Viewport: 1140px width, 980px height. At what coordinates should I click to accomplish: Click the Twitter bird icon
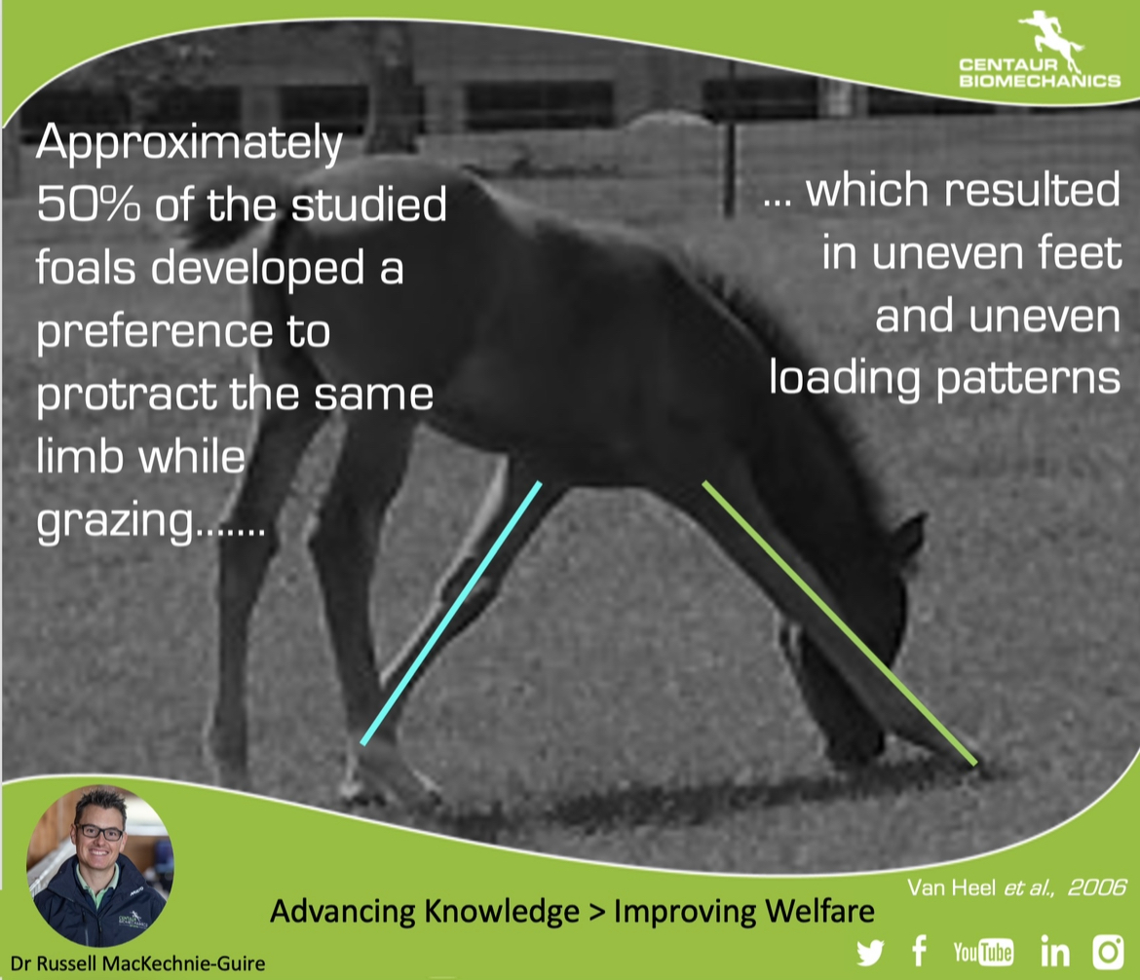pyautogui.click(x=869, y=953)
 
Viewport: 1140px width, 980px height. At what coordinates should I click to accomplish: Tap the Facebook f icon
pyautogui.click(x=920, y=951)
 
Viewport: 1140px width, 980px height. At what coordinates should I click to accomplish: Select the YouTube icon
pyautogui.click(x=983, y=952)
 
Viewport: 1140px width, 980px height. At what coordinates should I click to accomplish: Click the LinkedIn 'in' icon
pyautogui.click(x=1055, y=951)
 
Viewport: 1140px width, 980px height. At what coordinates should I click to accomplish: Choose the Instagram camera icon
pyautogui.click(x=1109, y=952)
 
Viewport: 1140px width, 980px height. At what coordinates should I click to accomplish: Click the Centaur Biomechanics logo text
pyautogui.click(x=1040, y=73)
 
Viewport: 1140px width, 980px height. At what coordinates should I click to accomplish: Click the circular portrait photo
pyautogui.click(x=99, y=866)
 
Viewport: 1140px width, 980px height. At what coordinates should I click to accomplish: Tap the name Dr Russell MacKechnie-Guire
pyautogui.click(x=138, y=964)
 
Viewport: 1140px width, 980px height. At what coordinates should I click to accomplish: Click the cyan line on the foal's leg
pyautogui.click(x=451, y=613)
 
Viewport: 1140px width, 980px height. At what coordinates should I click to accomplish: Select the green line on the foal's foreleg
pyautogui.click(x=840, y=623)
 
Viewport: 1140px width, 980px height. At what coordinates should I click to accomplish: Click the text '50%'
pyautogui.click(x=88, y=205)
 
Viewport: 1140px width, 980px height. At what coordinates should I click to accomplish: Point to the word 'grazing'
pyautogui.click(x=116, y=521)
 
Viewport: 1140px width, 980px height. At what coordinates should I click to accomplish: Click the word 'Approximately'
pyautogui.click(x=189, y=143)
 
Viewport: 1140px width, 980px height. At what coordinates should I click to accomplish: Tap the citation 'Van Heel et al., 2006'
pyautogui.click(x=1016, y=886)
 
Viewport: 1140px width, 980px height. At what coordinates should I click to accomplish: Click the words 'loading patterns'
pyautogui.click(x=944, y=379)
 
